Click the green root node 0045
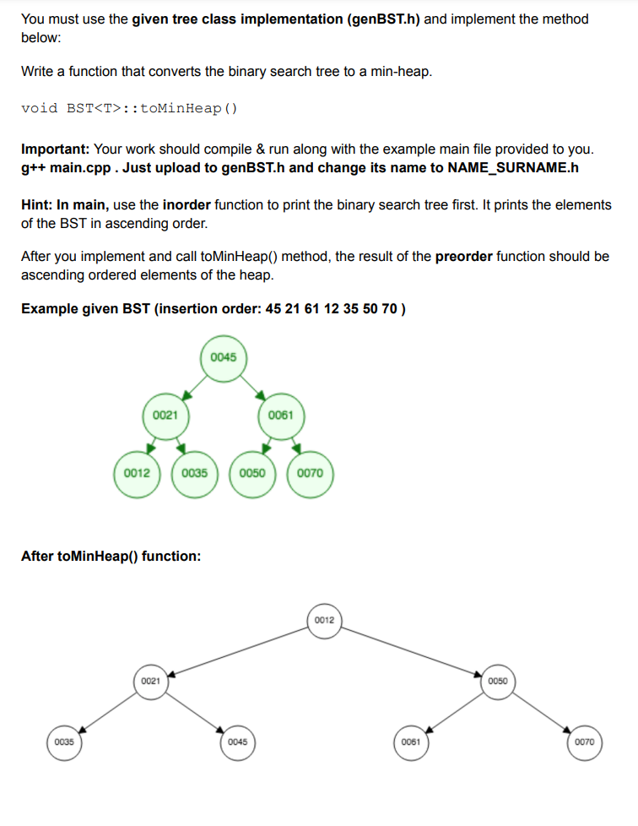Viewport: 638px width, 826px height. [x=223, y=357]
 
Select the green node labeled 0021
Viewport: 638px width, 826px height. [x=165, y=415]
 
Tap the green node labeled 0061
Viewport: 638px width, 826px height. [x=280, y=415]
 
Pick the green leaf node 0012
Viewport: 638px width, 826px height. [x=137, y=473]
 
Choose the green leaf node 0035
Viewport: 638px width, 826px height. [x=194, y=473]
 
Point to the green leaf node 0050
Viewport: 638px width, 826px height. [x=252, y=473]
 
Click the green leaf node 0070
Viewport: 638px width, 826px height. [x=310, y=473]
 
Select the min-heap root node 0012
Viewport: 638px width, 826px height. [x=325, y=621]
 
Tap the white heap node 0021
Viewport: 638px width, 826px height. [x=150, y=681]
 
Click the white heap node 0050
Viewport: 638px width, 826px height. [x=498, y=681]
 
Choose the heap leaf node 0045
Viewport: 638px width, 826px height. [x=237, y=742]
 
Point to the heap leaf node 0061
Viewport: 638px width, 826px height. [x=411, y=742]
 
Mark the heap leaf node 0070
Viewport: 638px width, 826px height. [x=585, y=742]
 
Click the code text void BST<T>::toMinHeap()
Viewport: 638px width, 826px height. [x=129, y=108]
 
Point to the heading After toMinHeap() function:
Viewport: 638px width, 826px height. [x=111, y=556]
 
